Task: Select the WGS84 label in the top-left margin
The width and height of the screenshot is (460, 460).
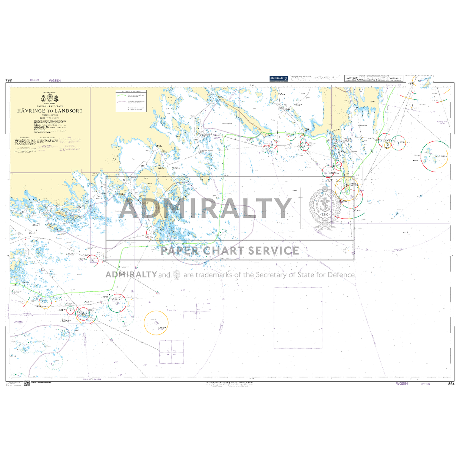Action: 55,80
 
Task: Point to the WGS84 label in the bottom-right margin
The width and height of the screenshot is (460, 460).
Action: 402,383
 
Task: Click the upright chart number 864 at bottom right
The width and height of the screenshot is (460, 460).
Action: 451,384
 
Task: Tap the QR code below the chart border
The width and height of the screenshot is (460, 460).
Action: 27,384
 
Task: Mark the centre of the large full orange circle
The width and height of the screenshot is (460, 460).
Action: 156,322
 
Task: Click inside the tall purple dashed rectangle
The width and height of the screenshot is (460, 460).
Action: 298,318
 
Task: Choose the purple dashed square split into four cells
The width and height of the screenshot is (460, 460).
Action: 171,352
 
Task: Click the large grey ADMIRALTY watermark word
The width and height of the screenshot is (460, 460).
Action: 205,208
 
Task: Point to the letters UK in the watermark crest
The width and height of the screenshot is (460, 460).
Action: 325,214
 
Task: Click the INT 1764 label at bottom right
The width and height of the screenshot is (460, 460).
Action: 425,384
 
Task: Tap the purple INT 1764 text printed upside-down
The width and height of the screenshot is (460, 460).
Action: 35,80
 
